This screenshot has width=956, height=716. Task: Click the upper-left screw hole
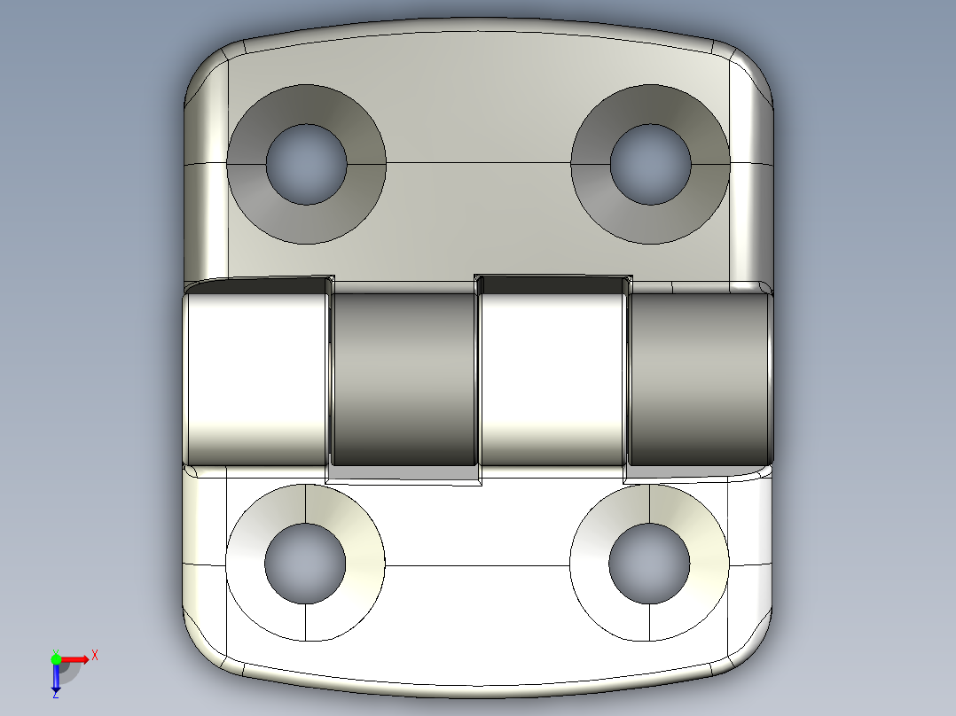click(306, 164)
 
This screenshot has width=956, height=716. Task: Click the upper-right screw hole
click(650, 164)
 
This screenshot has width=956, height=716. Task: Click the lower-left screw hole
click(305, 564)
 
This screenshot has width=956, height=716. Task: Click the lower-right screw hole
click(649, 564)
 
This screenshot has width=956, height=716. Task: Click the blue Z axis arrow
click(56, 681)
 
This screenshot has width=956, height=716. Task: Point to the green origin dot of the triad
click(56, 658)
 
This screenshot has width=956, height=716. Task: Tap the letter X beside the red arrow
click(95, 656)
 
